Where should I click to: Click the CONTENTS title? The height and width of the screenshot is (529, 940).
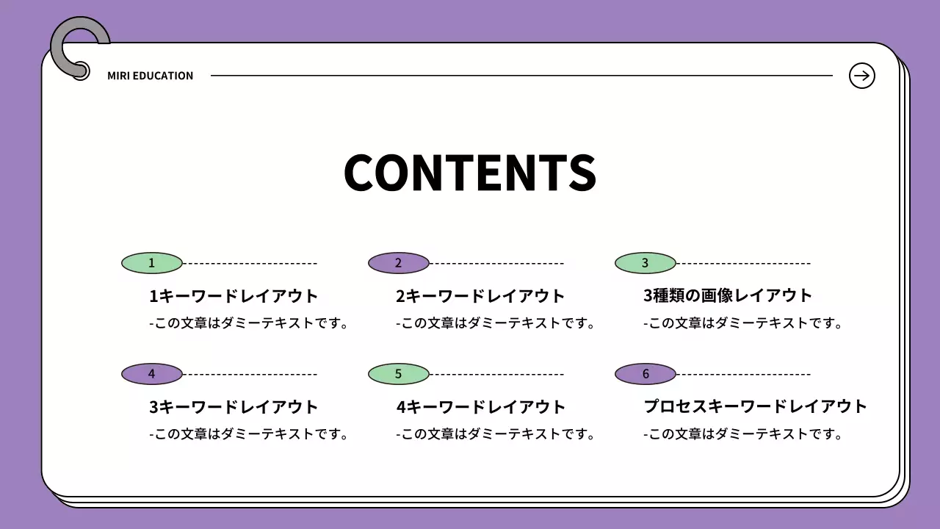coord(469,173)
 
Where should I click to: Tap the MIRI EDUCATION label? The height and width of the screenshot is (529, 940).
coord(150,76)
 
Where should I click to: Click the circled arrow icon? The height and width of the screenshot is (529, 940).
coord(861,75)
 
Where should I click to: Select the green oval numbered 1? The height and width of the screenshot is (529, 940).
coord(151,263)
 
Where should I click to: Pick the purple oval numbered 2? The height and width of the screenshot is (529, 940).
coord(398,263)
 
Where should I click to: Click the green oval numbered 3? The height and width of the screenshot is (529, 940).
coord(645,263)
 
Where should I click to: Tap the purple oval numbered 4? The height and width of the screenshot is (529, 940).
coord(151,374)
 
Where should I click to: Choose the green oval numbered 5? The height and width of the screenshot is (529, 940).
coord(398,374)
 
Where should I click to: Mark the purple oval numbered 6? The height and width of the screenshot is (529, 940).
coord(645,374)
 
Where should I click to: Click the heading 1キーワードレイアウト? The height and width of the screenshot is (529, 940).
coord(234,296)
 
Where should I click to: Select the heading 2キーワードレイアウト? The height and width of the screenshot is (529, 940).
coord(480,296)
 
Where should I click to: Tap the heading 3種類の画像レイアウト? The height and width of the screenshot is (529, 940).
coord(728,295)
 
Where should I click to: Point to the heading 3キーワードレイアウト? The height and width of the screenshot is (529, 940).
coord(234,407)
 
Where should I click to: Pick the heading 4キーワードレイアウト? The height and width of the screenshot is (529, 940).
coord(480,407)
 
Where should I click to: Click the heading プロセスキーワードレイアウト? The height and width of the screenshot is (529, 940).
coord(756,406)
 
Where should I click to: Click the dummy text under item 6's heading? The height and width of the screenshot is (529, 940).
coord(742,434)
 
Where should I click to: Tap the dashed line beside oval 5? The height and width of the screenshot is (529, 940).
coord(496,374)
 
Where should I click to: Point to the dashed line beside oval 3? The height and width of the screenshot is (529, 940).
coord(743,263)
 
